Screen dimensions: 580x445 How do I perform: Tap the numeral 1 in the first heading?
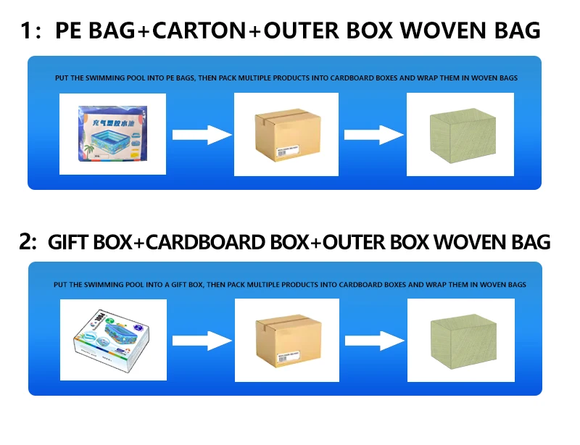coord(26,31)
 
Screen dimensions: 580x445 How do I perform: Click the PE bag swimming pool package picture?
coord(112,134)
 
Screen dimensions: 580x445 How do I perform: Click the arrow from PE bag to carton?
coord(201,134)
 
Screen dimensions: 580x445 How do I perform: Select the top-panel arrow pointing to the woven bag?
coord(373,134)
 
